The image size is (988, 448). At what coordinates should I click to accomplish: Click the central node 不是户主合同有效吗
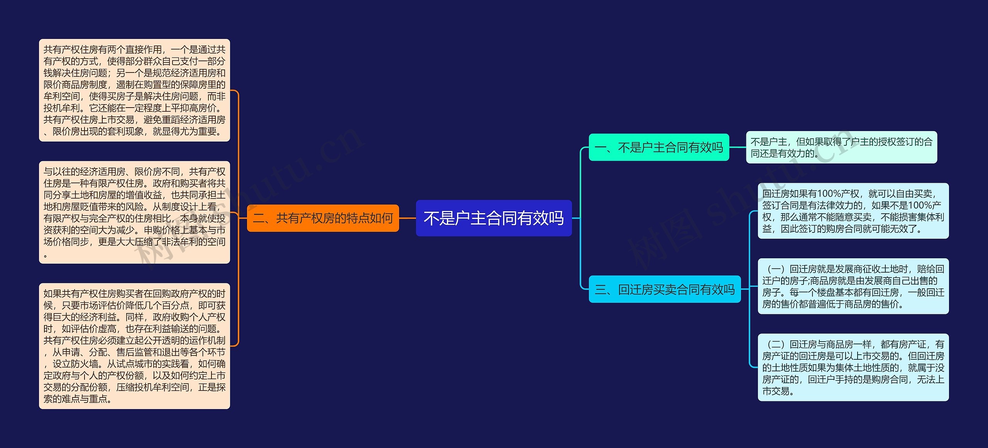point(494,218)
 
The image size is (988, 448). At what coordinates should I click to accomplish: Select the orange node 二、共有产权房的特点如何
point(323,218)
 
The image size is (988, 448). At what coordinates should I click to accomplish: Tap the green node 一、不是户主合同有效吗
point(659,147)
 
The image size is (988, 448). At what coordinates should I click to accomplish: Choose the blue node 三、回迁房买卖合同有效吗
point(665,289)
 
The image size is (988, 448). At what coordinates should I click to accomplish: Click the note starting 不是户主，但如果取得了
point(841,147)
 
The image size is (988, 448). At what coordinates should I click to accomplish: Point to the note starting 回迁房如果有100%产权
point(853,211)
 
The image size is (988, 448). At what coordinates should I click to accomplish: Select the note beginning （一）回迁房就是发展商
point(853,286)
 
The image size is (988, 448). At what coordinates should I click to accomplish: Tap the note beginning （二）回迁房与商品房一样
point(853,367)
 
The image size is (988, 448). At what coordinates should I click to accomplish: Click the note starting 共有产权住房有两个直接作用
point(134,90)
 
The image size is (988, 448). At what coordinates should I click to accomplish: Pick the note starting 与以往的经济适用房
point(134,212)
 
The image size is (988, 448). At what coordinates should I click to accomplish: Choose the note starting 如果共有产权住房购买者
point(134,346)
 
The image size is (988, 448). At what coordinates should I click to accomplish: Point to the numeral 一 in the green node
point(601,148)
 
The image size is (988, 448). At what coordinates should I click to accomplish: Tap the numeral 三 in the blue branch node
point(601,290)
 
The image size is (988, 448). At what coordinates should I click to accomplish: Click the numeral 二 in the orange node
point(259,219)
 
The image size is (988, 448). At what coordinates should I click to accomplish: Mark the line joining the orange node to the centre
point(407,218)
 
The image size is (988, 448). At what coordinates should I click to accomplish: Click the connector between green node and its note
point(738,147)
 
